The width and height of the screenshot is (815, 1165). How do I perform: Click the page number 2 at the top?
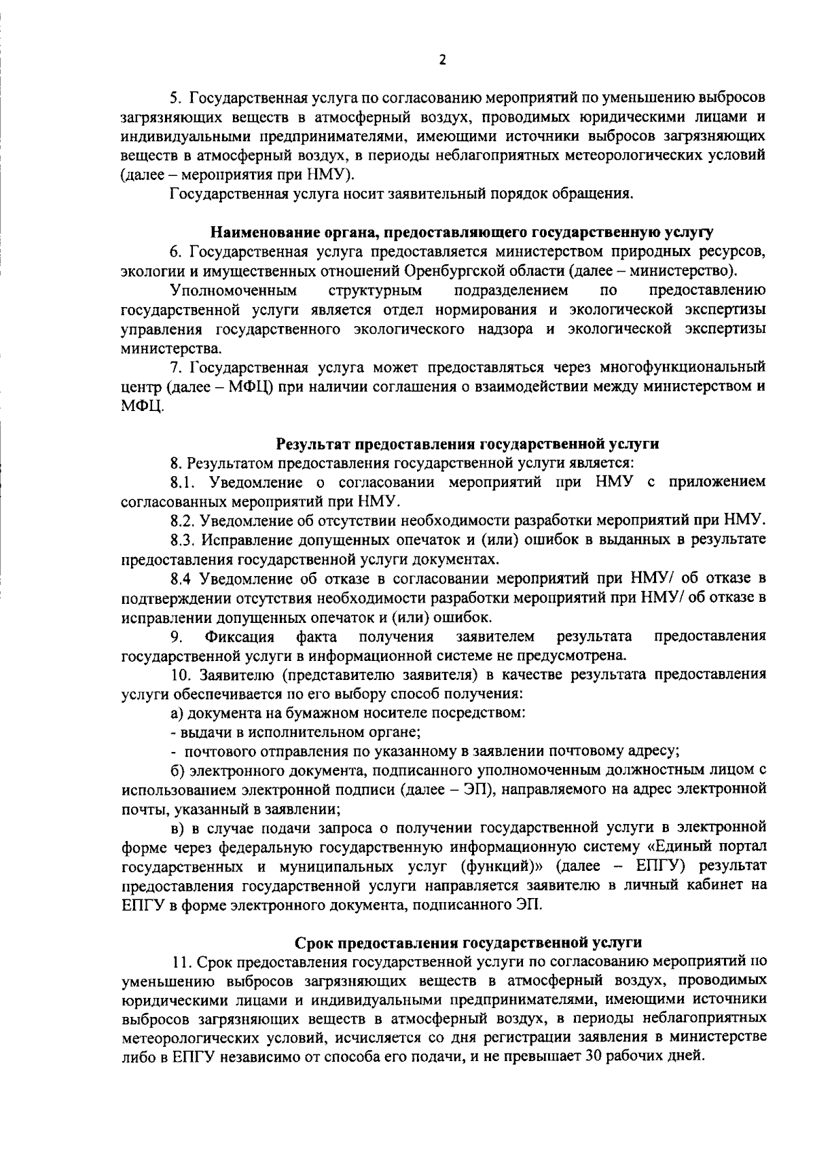pyautogui.click(x=442, y=60)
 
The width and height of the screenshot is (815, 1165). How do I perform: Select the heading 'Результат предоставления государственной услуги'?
pyautogui.click(x=468, y=444)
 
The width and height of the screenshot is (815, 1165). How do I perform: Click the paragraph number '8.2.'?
pyautogui.click(x=184, y=521)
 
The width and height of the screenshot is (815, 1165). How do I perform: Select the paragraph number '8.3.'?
pyautogui.click(x=184, y=540)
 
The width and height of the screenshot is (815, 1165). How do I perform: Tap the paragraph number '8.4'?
pyautogui.click(x=183, y=579)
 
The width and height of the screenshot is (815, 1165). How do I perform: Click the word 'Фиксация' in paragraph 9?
pyautogui.click(x=239, y=637)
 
